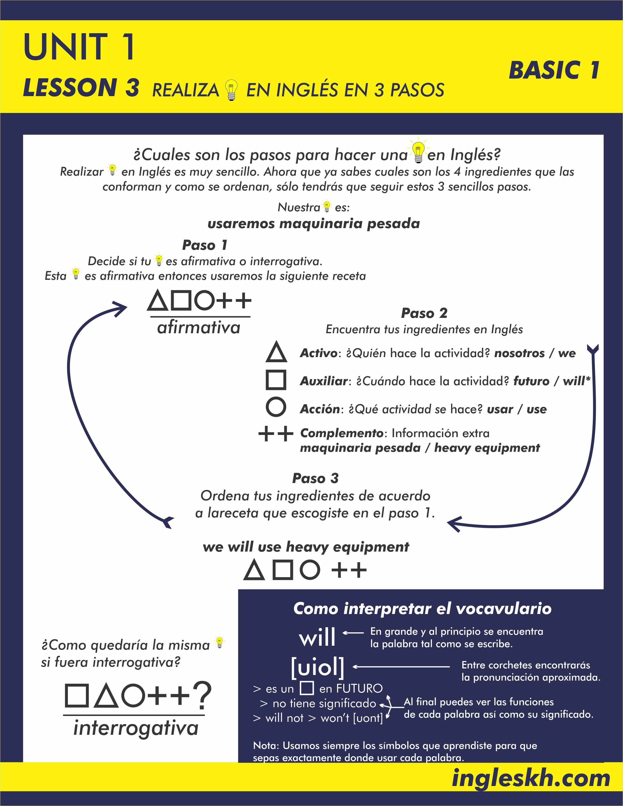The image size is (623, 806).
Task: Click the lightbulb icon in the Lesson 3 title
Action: click(x=231, y=90)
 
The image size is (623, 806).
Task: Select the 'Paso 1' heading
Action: click(x=204, y=245)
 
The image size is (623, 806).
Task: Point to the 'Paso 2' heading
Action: click(x=424, y=313)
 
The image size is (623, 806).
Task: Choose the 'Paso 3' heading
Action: click(x=315, y=478)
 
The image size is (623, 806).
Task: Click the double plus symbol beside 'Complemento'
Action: click(x=276, y=434)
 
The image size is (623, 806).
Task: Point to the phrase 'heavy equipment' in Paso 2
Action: click(x=487, y=448)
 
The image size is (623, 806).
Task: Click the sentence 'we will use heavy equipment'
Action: click(x=306, y=547)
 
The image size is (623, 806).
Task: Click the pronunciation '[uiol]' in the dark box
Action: click(x=317, y=667)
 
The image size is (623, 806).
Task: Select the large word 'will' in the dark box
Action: click(x=317, y=637)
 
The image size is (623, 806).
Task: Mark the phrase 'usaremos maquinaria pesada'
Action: click(x=314, y=224)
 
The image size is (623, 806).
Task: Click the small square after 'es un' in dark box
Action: click(x=307, y=688)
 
